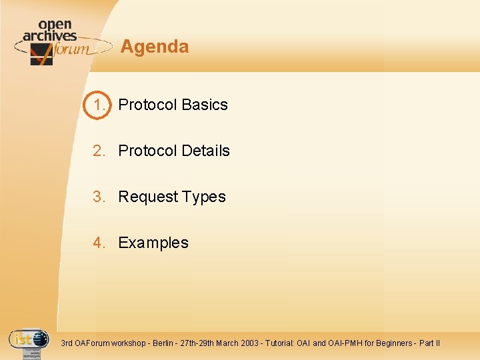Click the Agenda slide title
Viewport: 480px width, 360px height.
[155, 47]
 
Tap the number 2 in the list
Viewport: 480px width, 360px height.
[99, 151]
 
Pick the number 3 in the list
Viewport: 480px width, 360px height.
[99, 197]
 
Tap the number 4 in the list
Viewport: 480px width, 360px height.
[99, 243]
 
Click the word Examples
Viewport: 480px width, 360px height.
[153, 243]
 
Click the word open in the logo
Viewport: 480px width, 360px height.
[55, 25]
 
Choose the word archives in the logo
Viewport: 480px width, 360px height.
[50, 35]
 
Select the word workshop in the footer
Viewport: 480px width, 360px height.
[127, 343]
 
